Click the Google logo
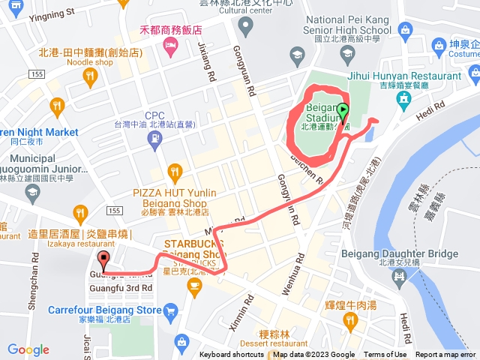[28, 349]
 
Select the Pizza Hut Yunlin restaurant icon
[175, 172]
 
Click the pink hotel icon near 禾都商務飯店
[169, 46]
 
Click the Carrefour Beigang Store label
[104, 310]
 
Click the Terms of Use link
[385, 355]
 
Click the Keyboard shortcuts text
[232, 355]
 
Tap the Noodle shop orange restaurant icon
[89, 75]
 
